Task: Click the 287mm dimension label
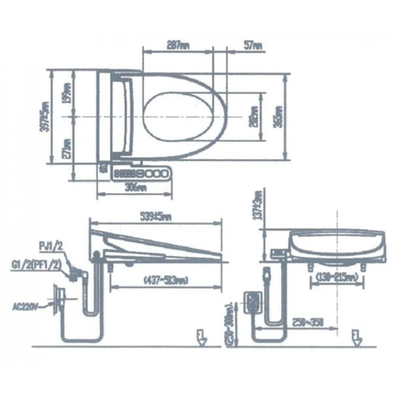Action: (x=178, y=46)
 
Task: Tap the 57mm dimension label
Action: (x=253, y=46)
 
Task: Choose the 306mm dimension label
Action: (x=135, y=187)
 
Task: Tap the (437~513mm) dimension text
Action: (x=149, y=280)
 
